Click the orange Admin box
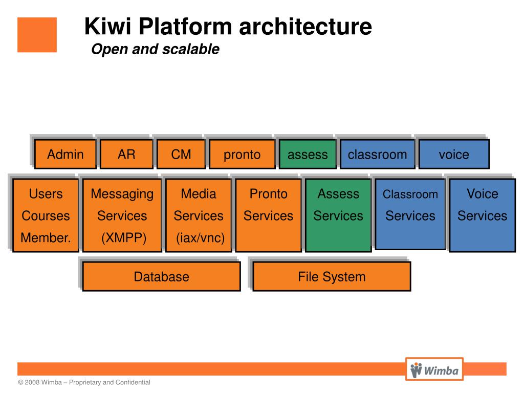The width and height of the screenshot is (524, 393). [x=65, y=154]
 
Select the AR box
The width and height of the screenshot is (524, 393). [x=126, y=154]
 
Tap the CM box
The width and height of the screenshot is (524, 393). [x=181, y=154]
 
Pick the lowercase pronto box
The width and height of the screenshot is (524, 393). [x=242, y=154]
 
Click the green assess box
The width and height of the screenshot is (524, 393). [x=308, y=154]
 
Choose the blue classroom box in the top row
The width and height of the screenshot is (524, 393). [x=377, y=154]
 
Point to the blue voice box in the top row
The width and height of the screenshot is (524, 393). [x=454, y=154]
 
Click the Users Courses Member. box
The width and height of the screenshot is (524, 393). [x=46, y=215]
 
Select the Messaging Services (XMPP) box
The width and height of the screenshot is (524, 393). [x=122, y=215]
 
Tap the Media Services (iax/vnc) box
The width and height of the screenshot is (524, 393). [x=199, y=215]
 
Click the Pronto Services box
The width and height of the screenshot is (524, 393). [x=268, y=215]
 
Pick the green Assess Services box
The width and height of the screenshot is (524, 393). [x=338, y=215]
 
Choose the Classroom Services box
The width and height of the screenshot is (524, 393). [x=410, y=214]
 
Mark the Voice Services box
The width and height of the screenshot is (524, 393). [x=482, y=215]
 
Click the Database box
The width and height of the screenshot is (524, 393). [x=161, y=276]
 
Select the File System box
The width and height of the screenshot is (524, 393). [x=332, y=276]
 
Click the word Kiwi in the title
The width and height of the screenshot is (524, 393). [x=107, y=26]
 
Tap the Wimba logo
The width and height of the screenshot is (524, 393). [x=434, y=369]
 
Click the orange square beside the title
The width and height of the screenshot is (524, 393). [x=37, y=35]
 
